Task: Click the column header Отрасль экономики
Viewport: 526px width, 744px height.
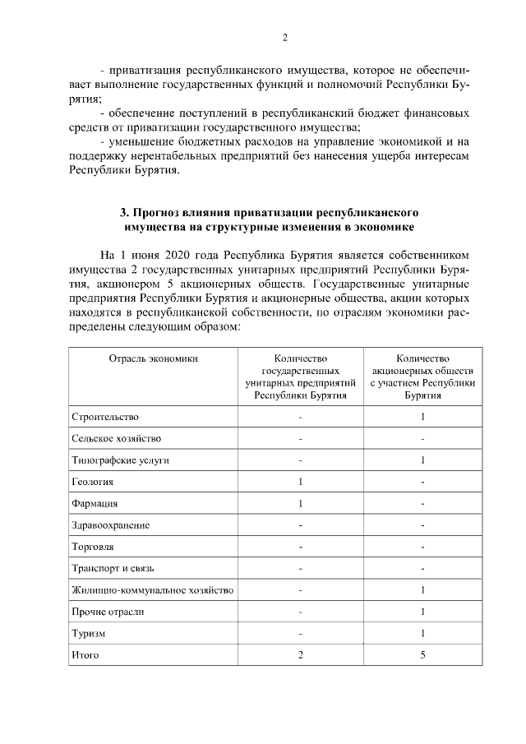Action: point(153,358)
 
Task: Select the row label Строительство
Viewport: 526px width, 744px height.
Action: point(105,417)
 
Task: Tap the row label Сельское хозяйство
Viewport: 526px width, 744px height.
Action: point(116,439)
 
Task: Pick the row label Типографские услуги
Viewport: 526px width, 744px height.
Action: point(120,460)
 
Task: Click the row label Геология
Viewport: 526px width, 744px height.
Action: point(92,482)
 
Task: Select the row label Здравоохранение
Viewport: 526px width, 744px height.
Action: point(110,525)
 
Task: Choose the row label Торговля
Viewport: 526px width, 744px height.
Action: point(93,547)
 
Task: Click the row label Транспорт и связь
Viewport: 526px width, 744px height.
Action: point(113,568)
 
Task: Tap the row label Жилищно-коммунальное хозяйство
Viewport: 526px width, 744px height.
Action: point(153,590)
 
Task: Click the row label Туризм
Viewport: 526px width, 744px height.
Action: point(88,634)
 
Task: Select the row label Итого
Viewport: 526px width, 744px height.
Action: point(85,655)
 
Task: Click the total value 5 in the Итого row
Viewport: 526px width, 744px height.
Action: point(422,655)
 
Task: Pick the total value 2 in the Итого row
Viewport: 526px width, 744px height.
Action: point(301,655)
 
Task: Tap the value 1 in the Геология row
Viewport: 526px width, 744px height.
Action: point(301,482)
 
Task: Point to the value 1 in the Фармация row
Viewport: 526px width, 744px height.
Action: point(301,503)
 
